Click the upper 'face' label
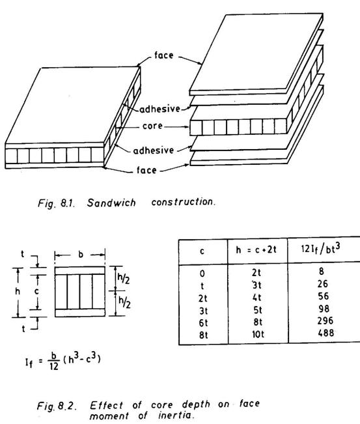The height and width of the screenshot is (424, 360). click(164, 55)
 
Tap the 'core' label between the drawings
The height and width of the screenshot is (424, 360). click(152, 126)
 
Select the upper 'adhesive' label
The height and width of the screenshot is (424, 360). click(159, 109)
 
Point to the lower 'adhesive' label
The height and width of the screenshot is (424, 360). click(153, 150)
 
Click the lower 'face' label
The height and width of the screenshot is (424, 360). click(146, 170)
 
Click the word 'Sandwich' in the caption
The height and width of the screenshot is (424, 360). click(111, 203)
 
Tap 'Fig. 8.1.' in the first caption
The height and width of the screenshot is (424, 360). click(56, 203)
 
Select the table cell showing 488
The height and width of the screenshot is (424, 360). click(325, 333)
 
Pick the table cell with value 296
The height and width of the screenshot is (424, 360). click(325, 320)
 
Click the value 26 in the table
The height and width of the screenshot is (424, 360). click(323, 284)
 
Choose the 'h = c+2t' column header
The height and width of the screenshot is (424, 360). click(256, 249)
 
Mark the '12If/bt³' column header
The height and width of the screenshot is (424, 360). click(320, 248)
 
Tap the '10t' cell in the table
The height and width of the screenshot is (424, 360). click(258, 335)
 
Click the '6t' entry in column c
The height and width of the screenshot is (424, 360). click(203, 323)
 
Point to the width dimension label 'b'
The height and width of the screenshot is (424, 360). click(81, 255)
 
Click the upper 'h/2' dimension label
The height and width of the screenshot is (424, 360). click(124, 278)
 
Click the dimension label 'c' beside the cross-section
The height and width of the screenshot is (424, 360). click(36, 292)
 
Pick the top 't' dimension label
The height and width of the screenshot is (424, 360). click(22, 254)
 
